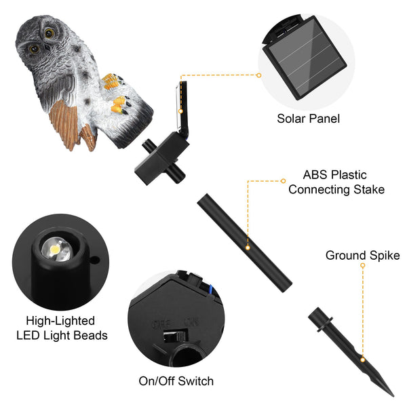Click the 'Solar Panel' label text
[x=308, y=118]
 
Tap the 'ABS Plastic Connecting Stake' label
[x=336, y=182]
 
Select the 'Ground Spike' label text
[x=362, y=256]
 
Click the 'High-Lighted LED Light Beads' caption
[x=60, y=328]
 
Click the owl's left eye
[x=33, y=49]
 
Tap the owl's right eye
[x=50, y=33]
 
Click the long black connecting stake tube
[x=244, y=241]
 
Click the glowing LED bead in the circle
[x=54, y=249]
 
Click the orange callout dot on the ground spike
[x=363, y=357]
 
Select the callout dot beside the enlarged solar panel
[x=259, y=75]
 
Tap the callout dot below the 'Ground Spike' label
[x=363, y=266]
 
